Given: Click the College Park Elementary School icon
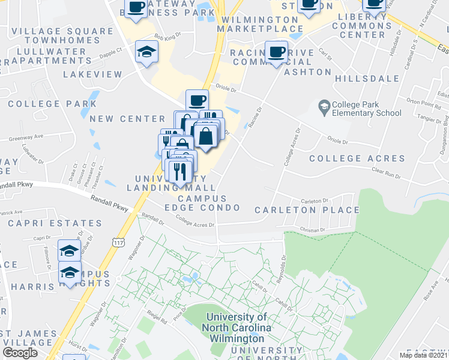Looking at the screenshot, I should coord(325,107).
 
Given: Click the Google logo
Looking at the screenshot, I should coord(20,353).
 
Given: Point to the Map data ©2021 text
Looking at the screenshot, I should coord(423,355).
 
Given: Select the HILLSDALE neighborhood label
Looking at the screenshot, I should coord(367,79).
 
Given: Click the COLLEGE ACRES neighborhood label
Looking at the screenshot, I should coord(357,158).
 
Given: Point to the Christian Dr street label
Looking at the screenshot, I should coord(312,229).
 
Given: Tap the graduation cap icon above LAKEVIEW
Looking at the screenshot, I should coord(146,52).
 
